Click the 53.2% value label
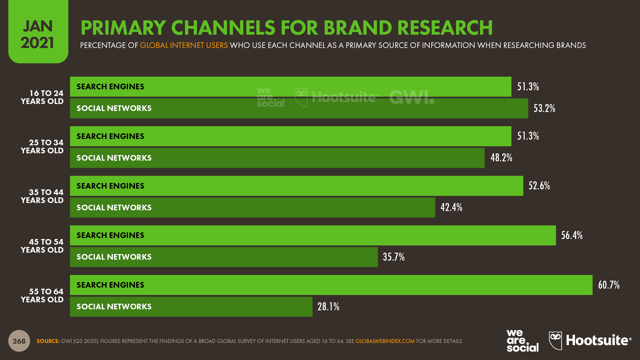click(x=544, y=108)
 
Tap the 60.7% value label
click(x=608, y=285)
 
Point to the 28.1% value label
click(x=328, y=307)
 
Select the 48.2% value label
click(x=501, y=158)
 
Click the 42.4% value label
click(x=451, y=207)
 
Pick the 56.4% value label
click(x=572, y=235)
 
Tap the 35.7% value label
click(x=393, y=257)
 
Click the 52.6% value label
click(x=539, y=186)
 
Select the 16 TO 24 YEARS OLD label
click(x=42, y=97)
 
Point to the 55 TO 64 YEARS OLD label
click(x=42, y=296)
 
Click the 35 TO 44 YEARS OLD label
click(x=42, y=196)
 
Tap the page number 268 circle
click(x=19, y=341)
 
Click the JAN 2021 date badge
click(x=38, y=34)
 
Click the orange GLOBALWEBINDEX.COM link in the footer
click(x=385, y=341)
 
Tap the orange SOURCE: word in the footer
click(x=48, y=341)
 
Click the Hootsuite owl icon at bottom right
click(x=555, y=340)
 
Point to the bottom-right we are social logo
click(x=522, y=341)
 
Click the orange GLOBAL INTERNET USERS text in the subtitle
click(x=184, y=45)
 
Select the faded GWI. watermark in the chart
click(x=412, y=97)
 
